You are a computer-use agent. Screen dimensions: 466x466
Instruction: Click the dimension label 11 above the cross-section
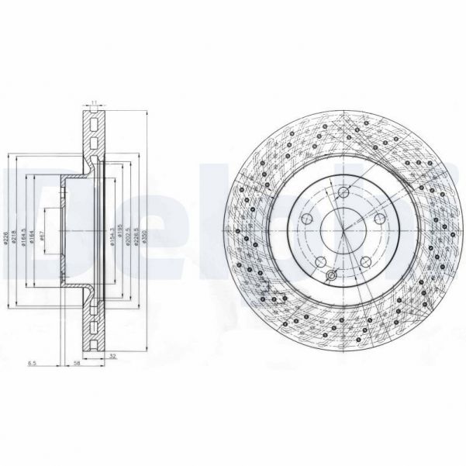coord(94,102)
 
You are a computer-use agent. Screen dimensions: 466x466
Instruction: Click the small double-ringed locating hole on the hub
coord(332,277)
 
